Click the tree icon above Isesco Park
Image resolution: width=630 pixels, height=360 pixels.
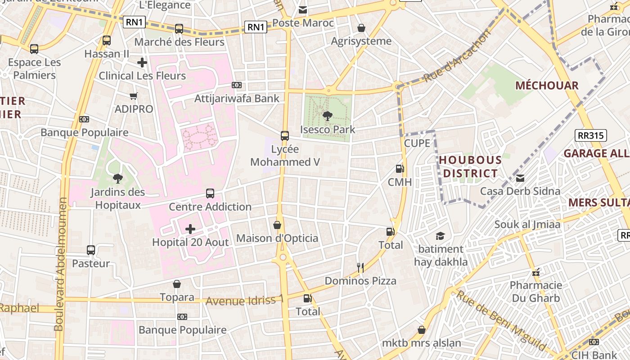[x=328, y=116]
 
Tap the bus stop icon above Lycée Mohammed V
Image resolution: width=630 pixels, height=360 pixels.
[x=284, y=135]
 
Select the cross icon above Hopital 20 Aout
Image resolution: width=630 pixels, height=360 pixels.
[x=190, y=229]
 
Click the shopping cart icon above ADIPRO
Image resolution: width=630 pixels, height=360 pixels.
[x=133, y=96]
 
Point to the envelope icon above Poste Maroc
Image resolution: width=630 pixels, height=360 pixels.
[x=303, y=9]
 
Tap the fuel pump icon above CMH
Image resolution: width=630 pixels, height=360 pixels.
[x=399, y=169]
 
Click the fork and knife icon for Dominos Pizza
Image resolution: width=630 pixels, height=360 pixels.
[x=360, y=268]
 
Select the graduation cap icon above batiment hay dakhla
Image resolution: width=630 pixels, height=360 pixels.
[x=440, y=236]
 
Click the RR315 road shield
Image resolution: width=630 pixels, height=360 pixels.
[x=590, y=135]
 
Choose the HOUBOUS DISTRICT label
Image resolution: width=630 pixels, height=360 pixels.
[x=470, y=166]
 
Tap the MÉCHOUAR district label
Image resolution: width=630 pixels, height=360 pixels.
[x=547, y=85]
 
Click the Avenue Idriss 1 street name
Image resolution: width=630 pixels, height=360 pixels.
[x=245, y=301]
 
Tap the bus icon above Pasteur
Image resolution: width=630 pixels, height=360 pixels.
[x=91, y=250]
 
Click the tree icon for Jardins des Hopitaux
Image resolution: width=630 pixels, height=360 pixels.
[x=118, y=179]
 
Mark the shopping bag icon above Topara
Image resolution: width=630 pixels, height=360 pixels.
[x=177, y=284]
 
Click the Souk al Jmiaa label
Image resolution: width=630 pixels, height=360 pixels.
[x=527, y=224]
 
